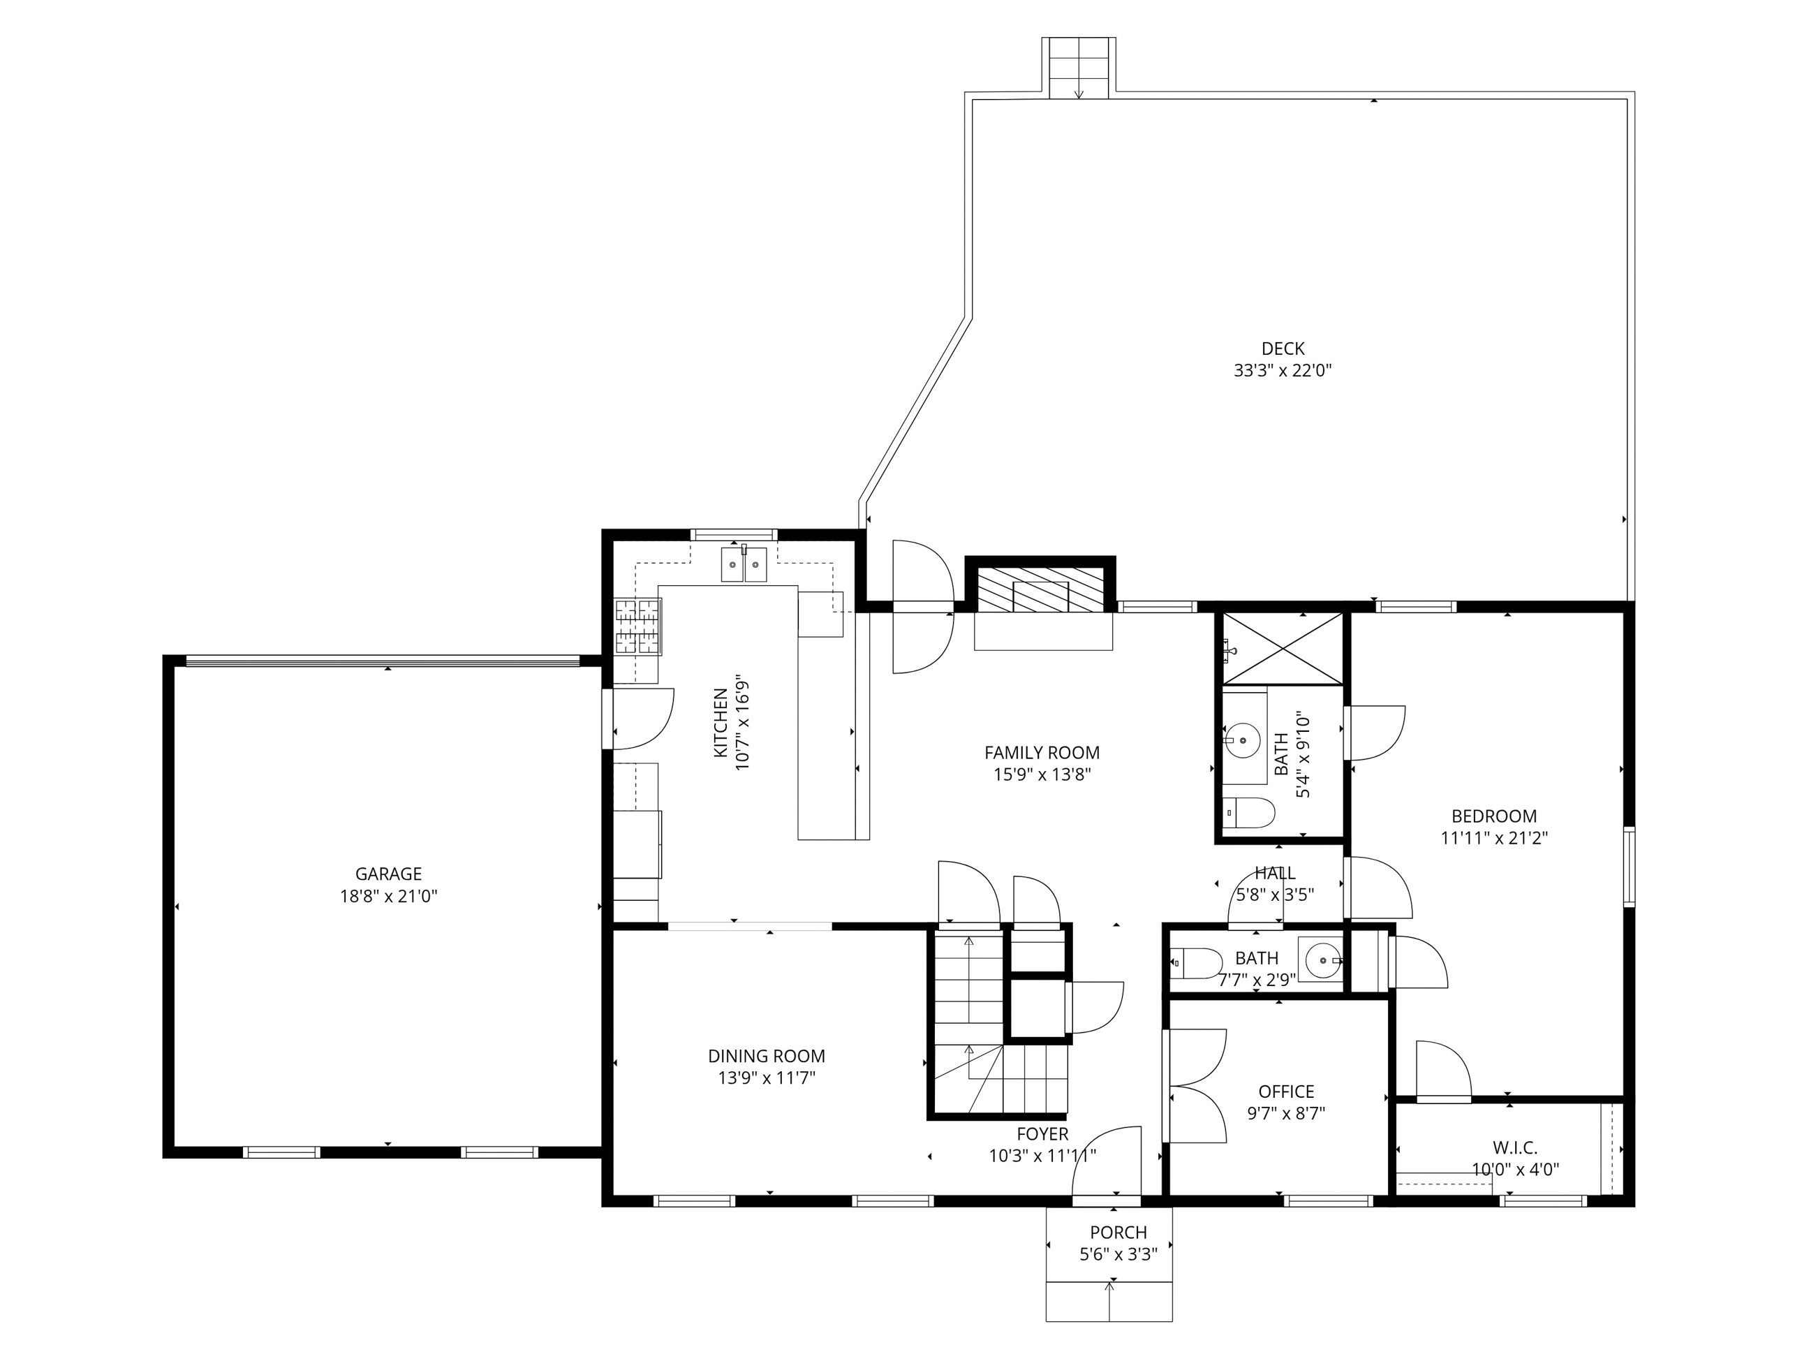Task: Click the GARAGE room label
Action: pyautogui.click(x=389, y=874)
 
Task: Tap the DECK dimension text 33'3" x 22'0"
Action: pyautogui.click(x=1283, y=371)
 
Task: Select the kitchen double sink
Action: pyautogui.click(x=744, y=564)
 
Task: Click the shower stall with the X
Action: pyautogui.click(x=1283, y=649)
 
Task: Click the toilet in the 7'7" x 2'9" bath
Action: pyautogui.click(x=1196, y=963)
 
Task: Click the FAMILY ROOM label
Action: pyautogui.click(x=1042, y=753)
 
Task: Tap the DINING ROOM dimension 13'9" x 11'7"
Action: pyautogui.click(x=767, y=1078)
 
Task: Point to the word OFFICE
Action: pyautogui.click(x=1286, y=1092)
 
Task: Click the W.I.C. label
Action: pyautogui.click(x=1515, y=1147)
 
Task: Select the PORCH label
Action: pyautogui.click(x=1118, y=1232)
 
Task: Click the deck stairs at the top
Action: pyautogui.click(x=1079, y=68)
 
